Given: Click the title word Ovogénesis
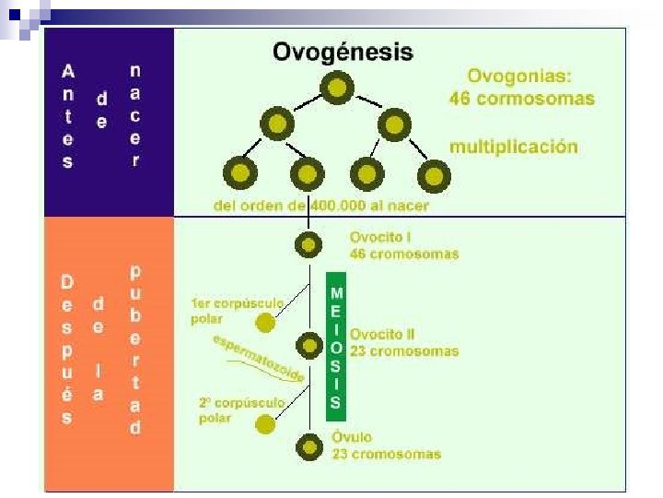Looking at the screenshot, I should tap(343, 52).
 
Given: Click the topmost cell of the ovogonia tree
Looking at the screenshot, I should tap(338, 89).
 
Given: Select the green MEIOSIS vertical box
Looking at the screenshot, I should tap(336, 346).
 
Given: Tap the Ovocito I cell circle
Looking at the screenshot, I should tap(308, 245).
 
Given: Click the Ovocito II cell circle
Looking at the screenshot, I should tap(308, 345).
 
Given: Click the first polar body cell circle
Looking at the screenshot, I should tap(265, 323).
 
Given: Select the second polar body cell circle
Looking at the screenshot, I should tap(265, 424).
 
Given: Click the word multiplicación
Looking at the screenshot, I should tap(513, 147).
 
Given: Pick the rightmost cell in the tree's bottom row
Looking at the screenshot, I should tap(431, 172).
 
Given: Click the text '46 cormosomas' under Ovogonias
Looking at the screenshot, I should tap(521, 98).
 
